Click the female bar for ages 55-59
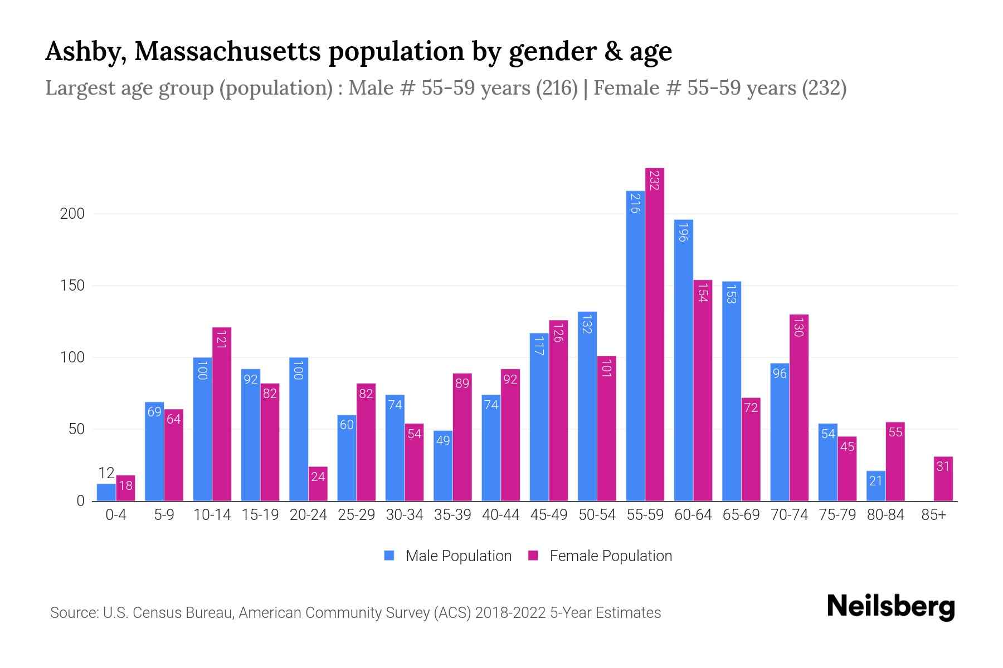coord(655,334)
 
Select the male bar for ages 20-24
coord(299,429)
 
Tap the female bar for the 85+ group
coord(943,479)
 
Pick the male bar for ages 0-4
coord(106,493)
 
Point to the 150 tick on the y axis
coord(72,286)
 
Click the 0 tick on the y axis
coord(80,501)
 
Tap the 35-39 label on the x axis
coord(452,515)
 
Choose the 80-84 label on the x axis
coord(885,515)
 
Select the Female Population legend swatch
coord(533,556)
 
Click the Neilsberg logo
coord(890,607)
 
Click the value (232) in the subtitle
coord(824,88)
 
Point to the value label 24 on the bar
coord(318,477)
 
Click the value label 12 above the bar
coord(106,473)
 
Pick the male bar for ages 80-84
coord(876,486)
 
